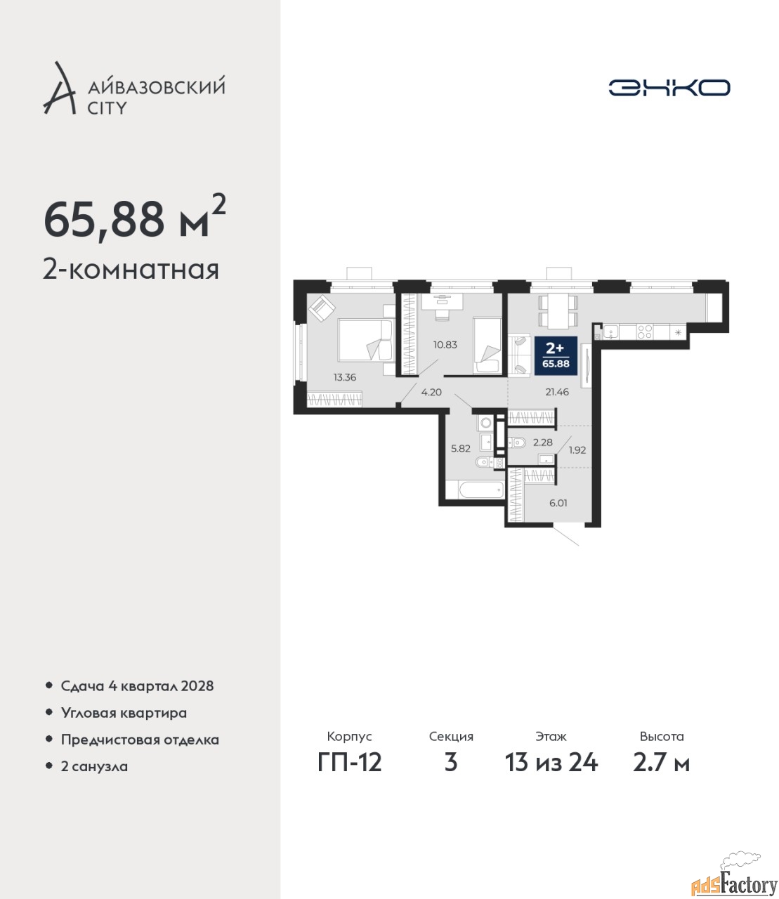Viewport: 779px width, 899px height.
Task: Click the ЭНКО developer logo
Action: point(669,87)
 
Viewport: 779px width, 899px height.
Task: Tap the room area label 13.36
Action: point(345,378)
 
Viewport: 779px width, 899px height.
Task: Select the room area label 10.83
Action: point(445,345)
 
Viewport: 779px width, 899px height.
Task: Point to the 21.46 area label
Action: point(557,392)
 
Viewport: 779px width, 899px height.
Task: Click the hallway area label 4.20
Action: point(431,392)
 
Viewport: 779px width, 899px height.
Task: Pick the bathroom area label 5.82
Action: point(461,448)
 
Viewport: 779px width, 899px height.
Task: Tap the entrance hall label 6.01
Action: point(558,503)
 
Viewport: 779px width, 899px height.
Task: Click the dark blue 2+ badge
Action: point(556,355)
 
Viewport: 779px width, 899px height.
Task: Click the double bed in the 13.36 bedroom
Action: point(365,340)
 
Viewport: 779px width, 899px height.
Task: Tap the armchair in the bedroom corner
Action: point(322,308)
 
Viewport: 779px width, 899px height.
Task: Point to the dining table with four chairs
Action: point(558,311)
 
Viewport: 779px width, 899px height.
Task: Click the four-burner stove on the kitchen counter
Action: point(644,332)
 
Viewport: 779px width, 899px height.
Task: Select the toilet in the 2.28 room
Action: point(517,442)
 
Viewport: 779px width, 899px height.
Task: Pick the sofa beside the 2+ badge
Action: point(518,355)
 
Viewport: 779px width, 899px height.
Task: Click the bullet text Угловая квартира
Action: point(124,713)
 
